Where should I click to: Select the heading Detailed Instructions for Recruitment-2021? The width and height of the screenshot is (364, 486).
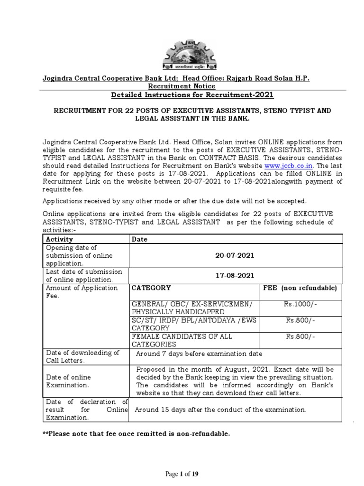pos(192,95)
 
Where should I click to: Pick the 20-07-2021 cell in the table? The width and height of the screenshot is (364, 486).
pos(235,255)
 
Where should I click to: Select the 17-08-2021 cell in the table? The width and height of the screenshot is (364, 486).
pos(235,275)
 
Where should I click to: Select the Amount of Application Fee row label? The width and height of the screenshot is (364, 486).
pos(81,291)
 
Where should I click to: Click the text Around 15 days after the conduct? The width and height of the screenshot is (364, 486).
pos(221,409)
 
